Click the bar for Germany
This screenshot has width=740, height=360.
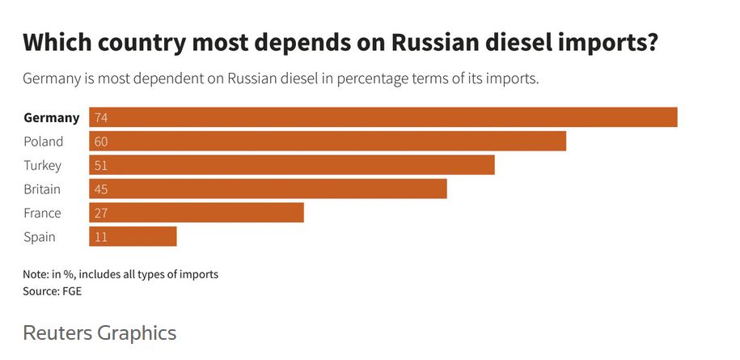pos(383,117)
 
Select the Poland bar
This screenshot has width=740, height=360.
pos(328,142)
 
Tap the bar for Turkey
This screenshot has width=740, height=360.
pos(291,165)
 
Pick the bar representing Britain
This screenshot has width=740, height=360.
pos(268,189)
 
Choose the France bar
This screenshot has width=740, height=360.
pos(197,213)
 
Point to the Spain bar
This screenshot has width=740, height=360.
pos(133,237)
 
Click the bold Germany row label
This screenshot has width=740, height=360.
pos(52,117)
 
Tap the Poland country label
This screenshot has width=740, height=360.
pos(43,142)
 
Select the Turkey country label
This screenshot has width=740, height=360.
pos(42,165)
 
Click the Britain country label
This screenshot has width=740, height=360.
pos(42,189)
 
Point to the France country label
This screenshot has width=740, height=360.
pos(42,213)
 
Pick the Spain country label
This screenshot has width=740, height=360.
pos(40,237)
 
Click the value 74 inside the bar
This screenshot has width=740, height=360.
pos(101,118)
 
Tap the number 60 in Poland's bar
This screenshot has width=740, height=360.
pos(101,142)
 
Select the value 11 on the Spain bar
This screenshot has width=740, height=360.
pos(101,237)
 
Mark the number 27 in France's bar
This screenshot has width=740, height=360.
pos(101,214)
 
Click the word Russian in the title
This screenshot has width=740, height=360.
pos(442,43)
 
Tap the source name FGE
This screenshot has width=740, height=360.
pos(72,291)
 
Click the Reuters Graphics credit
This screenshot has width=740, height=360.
pos(99,332)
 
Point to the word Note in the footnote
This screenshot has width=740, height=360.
pos(36,274)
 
